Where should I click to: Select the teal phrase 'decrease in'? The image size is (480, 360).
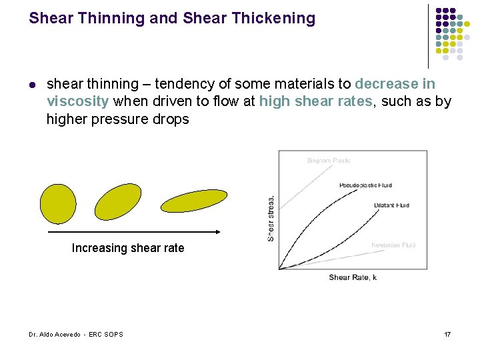[x=395, y=84]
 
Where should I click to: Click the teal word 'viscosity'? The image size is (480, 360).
[x=77, y=101]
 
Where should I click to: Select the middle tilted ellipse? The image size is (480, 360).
[x=118, y=201]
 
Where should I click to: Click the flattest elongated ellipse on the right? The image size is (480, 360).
[x=194, y=201]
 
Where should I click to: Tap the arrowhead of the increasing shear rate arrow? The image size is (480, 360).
[x=217, y=232]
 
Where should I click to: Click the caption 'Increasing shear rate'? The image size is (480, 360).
[x=128, y=248]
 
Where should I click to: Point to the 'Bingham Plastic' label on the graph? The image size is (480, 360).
[x=329, y=161]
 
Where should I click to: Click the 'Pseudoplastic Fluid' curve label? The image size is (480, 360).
[x=365, y=185]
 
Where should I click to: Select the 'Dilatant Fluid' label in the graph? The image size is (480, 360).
[x=391, y=205]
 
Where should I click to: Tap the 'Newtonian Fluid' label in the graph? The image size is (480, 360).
[x=393, y=245]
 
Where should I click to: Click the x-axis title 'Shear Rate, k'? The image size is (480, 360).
[x=353, y=277]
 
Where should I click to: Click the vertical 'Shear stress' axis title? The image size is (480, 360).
[x=271, y=218]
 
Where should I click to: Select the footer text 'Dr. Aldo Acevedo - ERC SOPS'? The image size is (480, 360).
[x=75, y=334]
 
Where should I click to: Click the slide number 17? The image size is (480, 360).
[x=447, y=334]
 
